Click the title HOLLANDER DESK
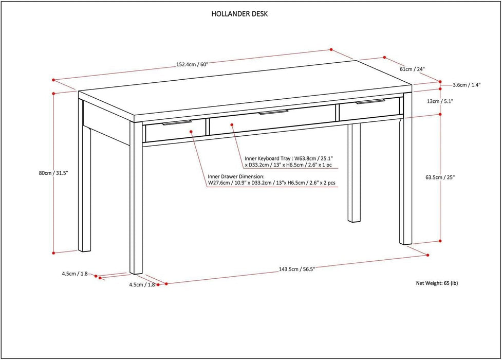(239, 14)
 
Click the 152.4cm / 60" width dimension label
(192, 65)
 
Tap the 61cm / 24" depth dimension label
(412, 69)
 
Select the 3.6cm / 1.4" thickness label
(467, 85)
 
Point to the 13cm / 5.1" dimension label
(439, 101)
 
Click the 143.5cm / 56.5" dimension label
(296, 269)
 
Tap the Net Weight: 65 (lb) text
(436, 283)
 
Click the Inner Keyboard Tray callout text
(291, 162)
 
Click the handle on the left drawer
(176, 123)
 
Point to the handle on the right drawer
(370, 102)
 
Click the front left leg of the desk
(136, 206)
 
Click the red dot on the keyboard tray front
(232, 123)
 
